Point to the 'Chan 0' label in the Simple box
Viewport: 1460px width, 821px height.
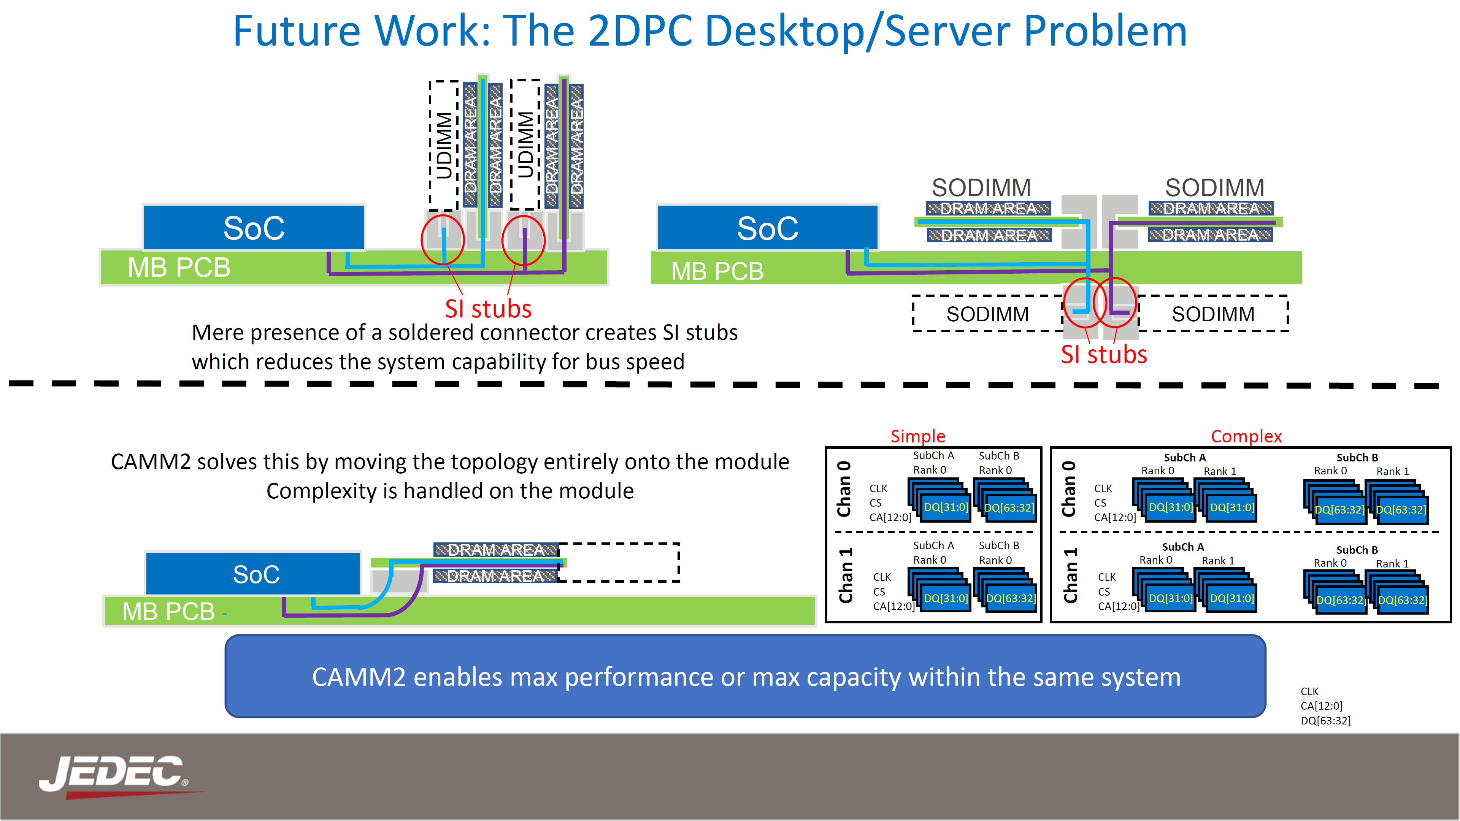844,488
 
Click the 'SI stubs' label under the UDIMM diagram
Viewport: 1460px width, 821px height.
488,309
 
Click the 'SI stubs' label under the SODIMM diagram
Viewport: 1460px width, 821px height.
1103,355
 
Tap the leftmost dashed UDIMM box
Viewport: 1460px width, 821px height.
444,145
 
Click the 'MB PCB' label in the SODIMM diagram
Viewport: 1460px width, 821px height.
717,271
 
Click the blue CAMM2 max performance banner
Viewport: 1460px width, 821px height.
745,677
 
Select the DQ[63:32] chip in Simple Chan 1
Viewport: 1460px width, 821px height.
1011,598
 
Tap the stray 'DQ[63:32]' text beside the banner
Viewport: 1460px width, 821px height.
1325,721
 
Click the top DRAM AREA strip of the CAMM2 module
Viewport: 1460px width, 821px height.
495,550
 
